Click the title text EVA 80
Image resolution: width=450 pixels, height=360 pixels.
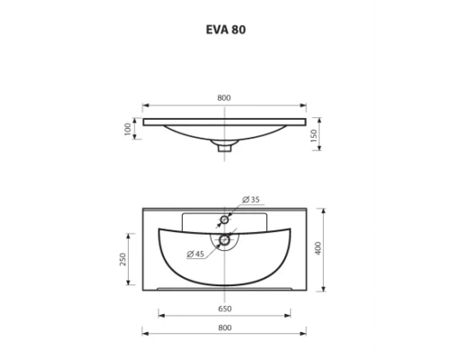[225, 29]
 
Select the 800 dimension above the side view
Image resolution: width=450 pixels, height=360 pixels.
[224, 97]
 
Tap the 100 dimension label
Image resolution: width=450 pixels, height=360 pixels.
[129, 130]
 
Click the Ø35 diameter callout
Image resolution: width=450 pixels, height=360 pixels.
[252, 200]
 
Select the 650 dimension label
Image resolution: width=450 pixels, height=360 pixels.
[224, 309]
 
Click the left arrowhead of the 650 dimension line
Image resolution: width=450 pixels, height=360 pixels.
[161, 315]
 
